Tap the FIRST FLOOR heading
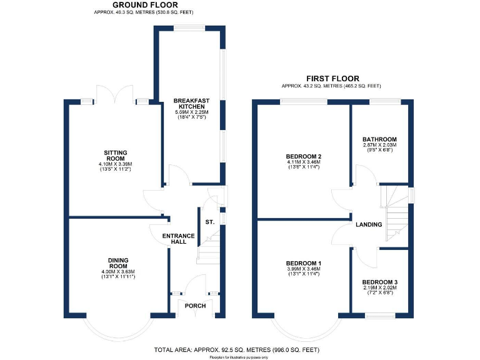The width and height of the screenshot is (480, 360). point(332,78)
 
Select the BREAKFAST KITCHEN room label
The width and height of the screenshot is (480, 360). point(191,104)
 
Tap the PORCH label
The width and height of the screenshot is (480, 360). point(194,306)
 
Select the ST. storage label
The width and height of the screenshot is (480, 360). point(211,221)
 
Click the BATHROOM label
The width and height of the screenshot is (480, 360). point(380,139)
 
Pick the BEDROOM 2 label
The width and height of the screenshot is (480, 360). point(303,156)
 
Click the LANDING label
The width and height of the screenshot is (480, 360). point(369,224)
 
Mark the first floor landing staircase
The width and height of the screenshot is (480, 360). point(396,216)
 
